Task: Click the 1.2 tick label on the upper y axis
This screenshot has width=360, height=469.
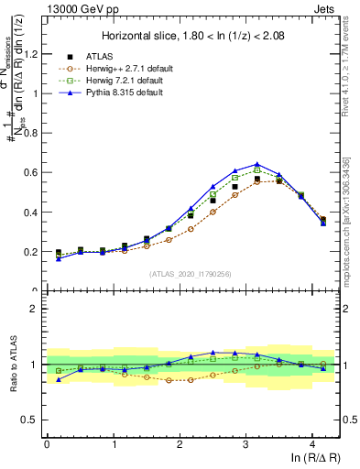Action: tap(32, 53)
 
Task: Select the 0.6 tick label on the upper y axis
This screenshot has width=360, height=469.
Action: tap(32, 172)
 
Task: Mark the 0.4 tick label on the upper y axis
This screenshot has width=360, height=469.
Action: tap(32, 213)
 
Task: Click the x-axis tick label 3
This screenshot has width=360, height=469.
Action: tap(245, 445)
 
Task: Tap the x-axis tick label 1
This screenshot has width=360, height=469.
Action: tap(113, 445)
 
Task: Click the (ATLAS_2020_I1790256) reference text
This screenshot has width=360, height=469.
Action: tap(191, 273)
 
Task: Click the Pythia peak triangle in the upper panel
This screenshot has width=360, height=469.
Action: tap(257, 164)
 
